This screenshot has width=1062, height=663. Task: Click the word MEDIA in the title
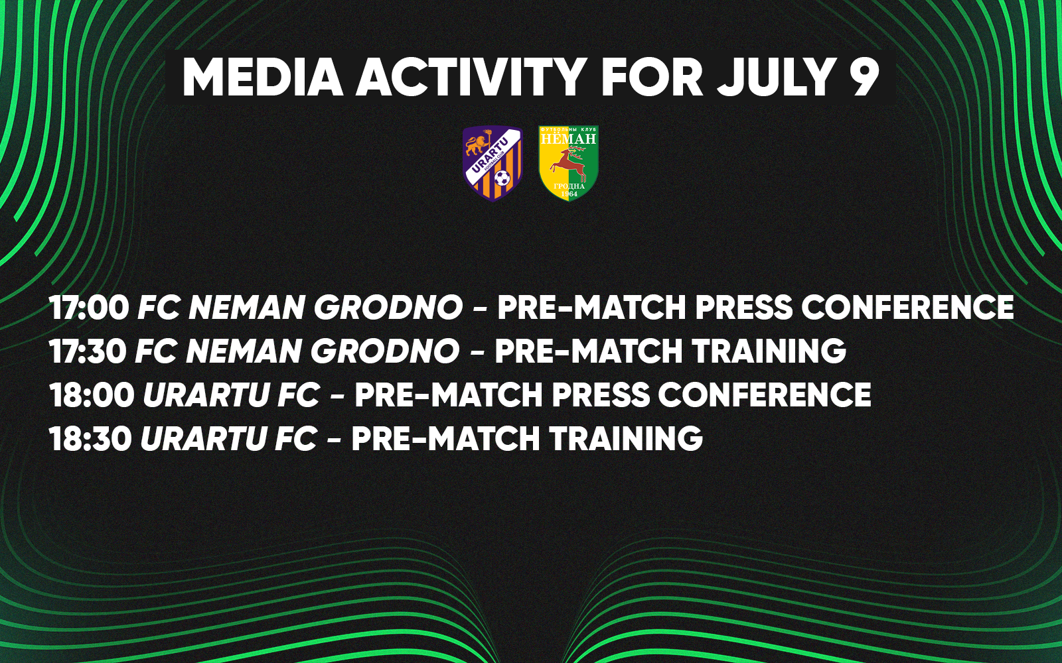pyautogui.click(x=262, y=78)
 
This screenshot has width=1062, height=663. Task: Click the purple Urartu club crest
pyautogui.click(x=493, y=163)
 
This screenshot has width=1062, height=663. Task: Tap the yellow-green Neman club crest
pyautogui.click(x=568, y=163)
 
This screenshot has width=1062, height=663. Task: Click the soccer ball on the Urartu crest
pyautogui.click(x=502, y=178)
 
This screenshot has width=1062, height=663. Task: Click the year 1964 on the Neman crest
pyautogui.click(x=568, y=194)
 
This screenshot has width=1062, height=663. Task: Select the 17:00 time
pyautogui.click(x=89, y=308)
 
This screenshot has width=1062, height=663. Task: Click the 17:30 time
pyautogui.click(x=88, y=351)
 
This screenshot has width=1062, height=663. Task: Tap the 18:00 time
pyautogui.click(x=92, y=394)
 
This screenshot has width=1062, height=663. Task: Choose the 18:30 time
pyautogui.click(x=90, y=438)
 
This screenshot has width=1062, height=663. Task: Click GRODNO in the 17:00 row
pyautogui.click(x=388, y=308)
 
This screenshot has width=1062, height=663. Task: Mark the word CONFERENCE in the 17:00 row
pyautogui.click(x=907, y=308)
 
